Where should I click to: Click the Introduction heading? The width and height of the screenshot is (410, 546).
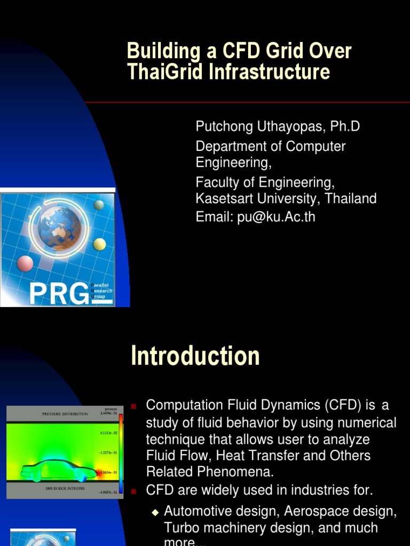(x=195, y=356)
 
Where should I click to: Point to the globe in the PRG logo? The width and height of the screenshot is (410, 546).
(x=59, y=228)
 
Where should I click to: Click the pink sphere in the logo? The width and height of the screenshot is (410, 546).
(x=25, y=263)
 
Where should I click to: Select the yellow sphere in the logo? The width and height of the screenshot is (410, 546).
(x=99, y=244)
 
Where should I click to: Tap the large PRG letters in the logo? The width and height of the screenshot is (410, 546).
(x=59, y=293)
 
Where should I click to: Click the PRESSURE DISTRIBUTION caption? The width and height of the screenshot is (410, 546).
(x=65, y=414)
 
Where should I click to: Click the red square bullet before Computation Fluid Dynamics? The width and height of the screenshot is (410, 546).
(x=134, y=406)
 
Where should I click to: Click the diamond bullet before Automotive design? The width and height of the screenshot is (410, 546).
(x=155, y=512)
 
